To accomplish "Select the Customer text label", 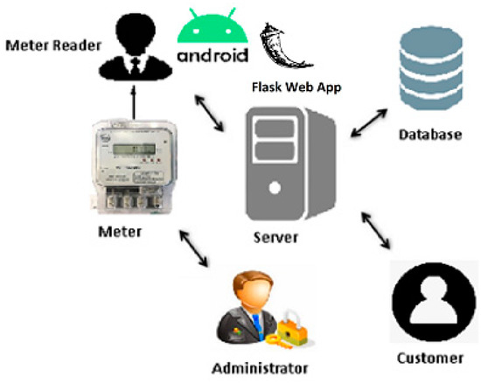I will click(x=430, y=359).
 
